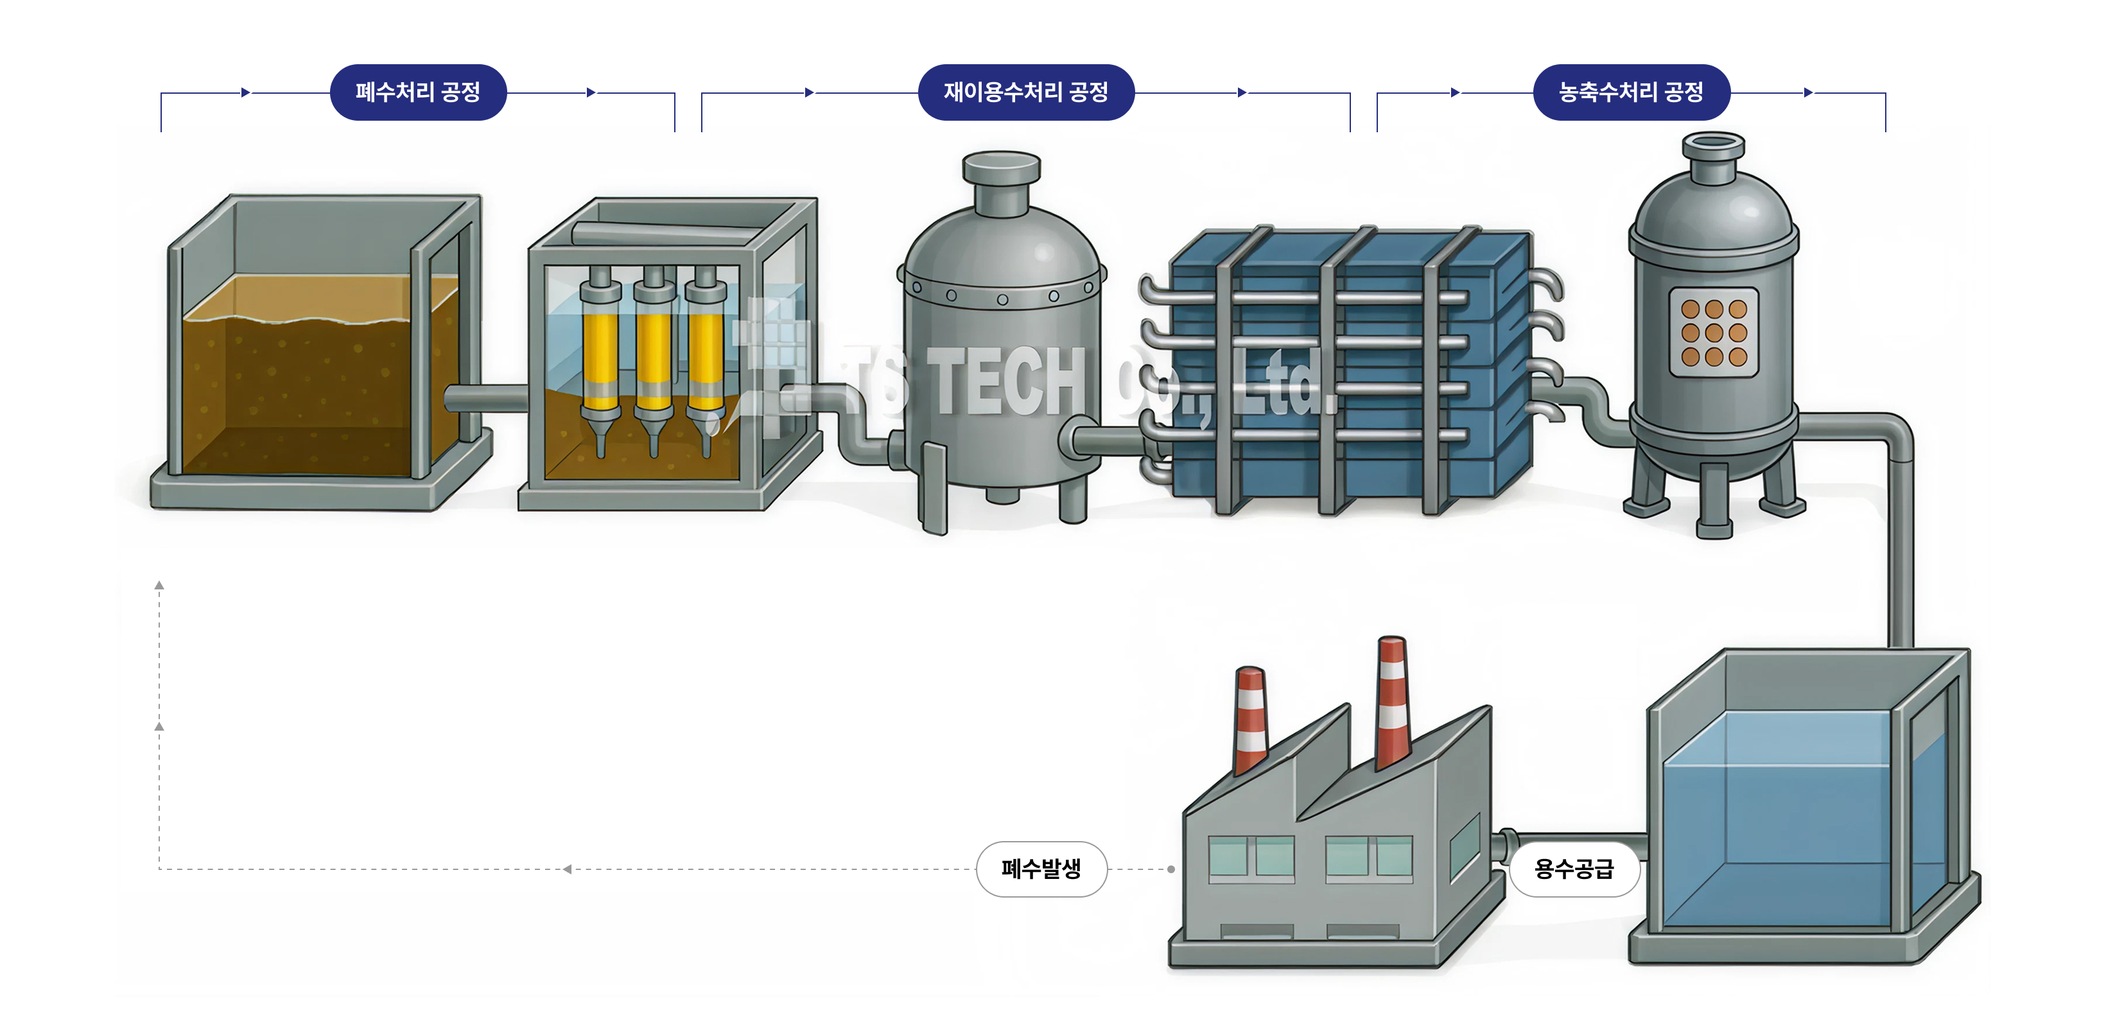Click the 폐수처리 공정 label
point(418,92)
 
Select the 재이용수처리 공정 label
point(1025,92)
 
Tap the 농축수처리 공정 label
point(1630,92)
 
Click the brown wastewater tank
point(311,384)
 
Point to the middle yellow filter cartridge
point(653,352)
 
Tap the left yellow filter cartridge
point(601,352)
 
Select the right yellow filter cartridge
point(706,352)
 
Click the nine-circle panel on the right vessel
point(1714,332)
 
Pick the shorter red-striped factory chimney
point(1250,720)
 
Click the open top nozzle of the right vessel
point(1713,147)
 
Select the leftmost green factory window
point(1227,856)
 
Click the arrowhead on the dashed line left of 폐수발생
point(566,869)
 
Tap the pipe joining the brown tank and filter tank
point(487,399)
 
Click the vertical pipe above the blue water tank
point(1900,556)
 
